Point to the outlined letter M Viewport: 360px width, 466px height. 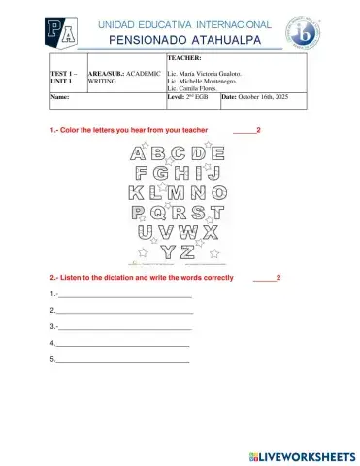[x=181, y=192]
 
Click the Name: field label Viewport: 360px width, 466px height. [x=59, y=98]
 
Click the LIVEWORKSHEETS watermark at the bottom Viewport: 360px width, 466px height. [x=302, y=455]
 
